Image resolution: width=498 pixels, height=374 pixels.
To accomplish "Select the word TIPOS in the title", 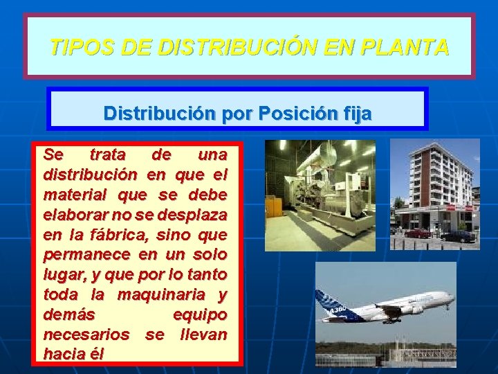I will point(75,48).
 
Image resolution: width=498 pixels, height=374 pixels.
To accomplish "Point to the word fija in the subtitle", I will point(356,112).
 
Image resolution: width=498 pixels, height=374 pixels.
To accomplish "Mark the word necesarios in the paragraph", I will point(86,335).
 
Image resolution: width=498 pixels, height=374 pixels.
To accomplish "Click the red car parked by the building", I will point(418,233).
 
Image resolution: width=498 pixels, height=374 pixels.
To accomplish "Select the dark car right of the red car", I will point(457,236).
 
